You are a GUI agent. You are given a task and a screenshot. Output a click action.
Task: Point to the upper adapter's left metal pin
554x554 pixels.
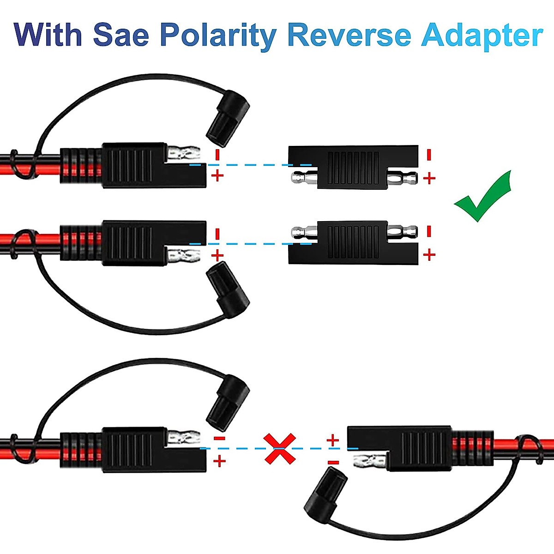303,177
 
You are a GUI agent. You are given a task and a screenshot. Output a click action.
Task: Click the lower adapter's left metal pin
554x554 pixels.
303,231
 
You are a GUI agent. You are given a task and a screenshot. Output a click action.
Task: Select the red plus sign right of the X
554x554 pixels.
332,440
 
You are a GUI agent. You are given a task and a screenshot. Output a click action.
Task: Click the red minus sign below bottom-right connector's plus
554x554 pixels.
333,462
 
